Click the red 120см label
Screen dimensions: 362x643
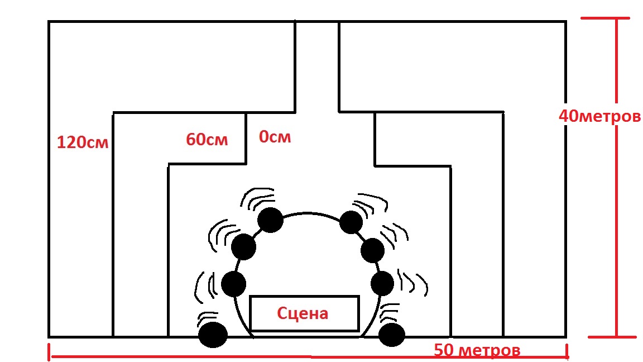[x=82, y=142]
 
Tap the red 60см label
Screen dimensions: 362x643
[x=207, y=139]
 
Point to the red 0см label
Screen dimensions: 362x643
[x=275, y=136]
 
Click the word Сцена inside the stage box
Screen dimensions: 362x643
[x=303, y=313]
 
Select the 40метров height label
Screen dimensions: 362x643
[x=599, y=117]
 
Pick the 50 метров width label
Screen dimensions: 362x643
[x=477, y=351]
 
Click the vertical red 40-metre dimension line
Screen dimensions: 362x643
[x=616, y=223]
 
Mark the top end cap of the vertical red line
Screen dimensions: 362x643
[x=608, y=18]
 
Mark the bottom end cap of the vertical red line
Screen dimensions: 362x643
[x=608, y=337]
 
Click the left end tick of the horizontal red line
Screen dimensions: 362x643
[x=50, y=351]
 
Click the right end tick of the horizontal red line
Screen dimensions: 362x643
[x=567, y=351]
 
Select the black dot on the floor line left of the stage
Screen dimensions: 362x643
[x=213, y=335]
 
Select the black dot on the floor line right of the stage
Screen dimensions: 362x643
[x=391, y=335]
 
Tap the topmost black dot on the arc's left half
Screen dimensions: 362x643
[x=270, y=220]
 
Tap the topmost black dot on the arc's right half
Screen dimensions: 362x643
[x=351, y=222]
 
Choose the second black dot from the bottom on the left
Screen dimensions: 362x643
[x=234, y=284]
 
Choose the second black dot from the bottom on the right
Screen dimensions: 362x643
[x=383, y=283]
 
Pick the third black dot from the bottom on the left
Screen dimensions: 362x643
[x=243, y=246]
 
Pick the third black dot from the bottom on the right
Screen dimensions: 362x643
[x=372, y=250]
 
